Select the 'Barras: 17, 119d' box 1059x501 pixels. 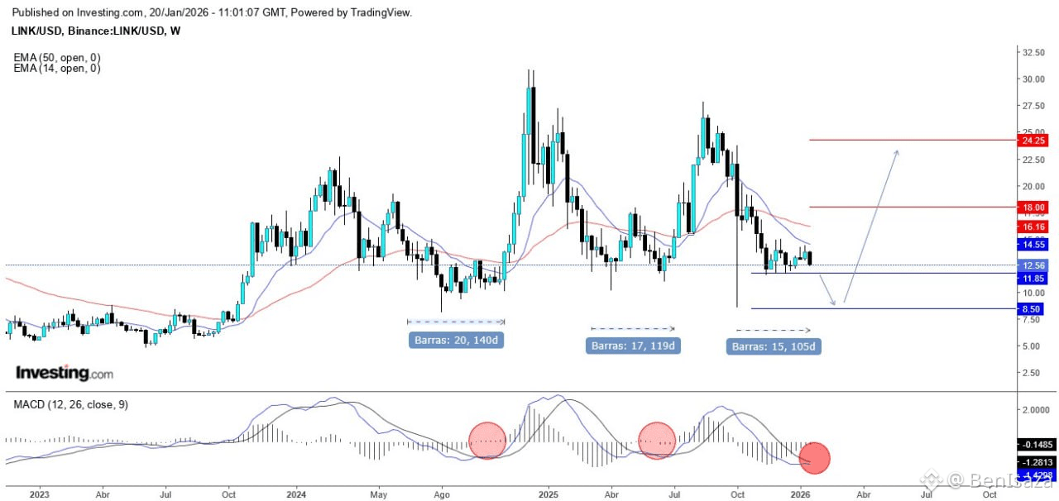pos(633,345)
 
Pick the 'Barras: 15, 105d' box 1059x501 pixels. pos(774,346)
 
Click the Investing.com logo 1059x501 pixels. pos(65,374)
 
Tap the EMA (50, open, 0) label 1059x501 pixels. pos(57,58)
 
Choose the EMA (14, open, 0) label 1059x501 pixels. pos(57,69)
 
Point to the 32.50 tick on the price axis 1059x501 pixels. pos(1032,52)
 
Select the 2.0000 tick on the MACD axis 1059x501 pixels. pos(1034,410)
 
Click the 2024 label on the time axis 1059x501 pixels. pos(296,494)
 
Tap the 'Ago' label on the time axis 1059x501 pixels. pos(441,494)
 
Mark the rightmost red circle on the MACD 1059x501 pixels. pos(814,458)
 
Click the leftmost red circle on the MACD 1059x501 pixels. pos(486,440)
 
